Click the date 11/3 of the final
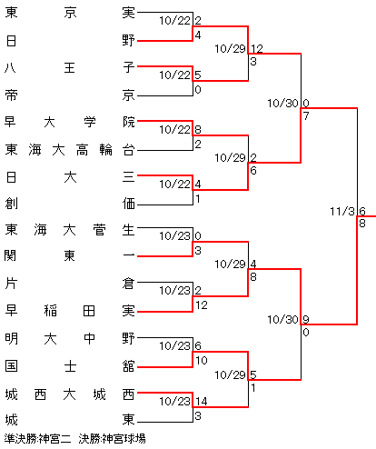342,211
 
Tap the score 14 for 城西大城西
202,402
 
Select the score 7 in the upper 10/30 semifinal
306,115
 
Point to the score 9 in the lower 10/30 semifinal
306,319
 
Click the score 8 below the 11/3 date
362,224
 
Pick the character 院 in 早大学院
128,122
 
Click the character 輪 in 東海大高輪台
105,150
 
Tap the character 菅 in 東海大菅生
99,230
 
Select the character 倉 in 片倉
128,284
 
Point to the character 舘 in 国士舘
128,366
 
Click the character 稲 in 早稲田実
50,311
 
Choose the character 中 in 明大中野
89,338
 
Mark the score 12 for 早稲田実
202,305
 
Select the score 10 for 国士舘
202,361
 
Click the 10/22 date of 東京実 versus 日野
175,21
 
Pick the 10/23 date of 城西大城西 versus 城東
175,402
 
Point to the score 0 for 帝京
198,90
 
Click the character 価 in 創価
128,204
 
